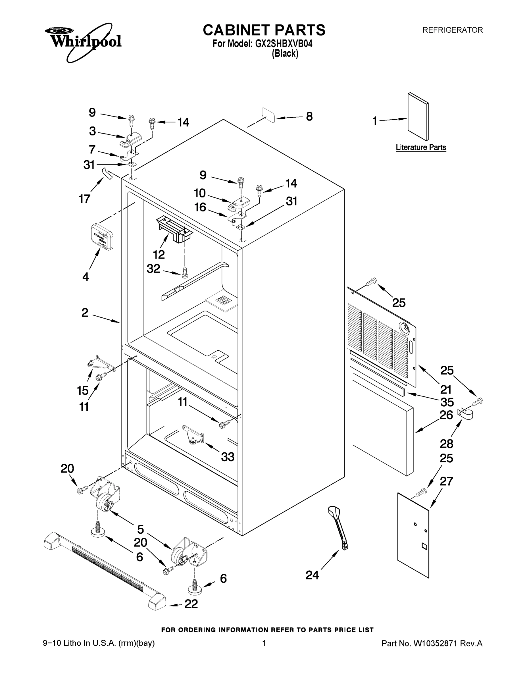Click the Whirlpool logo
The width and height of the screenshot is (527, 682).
click(x=83, y=41)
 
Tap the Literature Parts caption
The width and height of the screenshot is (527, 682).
click(x=420, y=147)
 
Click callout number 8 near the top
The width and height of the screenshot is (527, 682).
click(x=309, y=117)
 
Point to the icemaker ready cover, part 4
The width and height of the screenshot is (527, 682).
click(x=102, y=236)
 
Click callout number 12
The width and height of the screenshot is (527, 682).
click(x=159, y=255)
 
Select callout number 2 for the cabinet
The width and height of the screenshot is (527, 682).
click(x=85, y=313)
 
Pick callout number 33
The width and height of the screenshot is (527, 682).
click(x=228, y=457)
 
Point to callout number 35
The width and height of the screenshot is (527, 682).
click(x=446, y=402)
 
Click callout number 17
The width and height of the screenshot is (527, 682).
click(x=85, y=199)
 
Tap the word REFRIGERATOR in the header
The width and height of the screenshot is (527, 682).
click(x=452, y=30)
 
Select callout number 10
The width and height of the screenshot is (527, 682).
click(x=200, y=193)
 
